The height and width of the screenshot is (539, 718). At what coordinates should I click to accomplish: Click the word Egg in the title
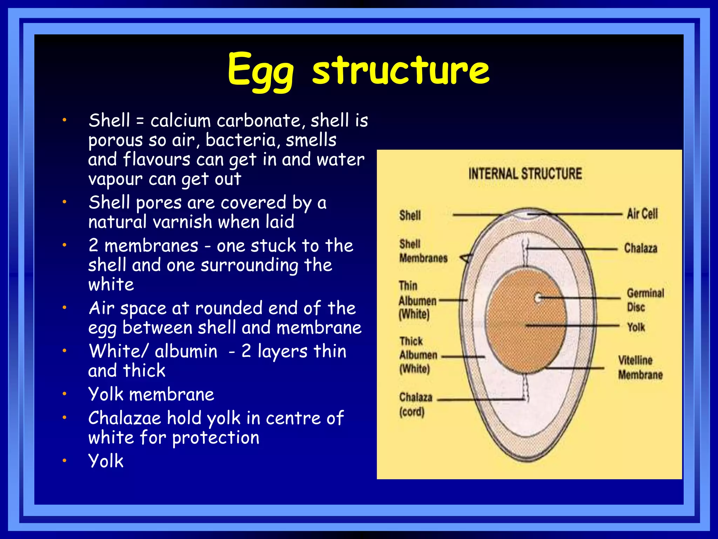[260, 70]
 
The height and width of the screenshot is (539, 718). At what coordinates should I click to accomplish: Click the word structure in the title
[400, 70]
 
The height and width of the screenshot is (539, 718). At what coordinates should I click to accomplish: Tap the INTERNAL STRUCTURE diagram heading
[525, 174]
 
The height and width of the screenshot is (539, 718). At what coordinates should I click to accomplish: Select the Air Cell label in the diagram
[642, 214]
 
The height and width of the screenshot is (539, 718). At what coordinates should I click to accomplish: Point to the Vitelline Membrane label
[640, 367]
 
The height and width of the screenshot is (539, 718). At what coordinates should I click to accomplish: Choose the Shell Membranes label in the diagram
[423, 251]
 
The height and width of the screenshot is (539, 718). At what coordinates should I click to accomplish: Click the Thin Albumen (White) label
[417, 300]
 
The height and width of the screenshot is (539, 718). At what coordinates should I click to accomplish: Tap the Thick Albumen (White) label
[418, 355]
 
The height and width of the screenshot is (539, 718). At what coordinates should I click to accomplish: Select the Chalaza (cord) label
[415, 404]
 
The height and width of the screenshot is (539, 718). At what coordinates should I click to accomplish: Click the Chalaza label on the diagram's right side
[640, 248]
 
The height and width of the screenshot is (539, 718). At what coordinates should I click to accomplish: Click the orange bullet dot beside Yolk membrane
[65, 394]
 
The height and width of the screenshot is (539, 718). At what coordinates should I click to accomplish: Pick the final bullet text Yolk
[106, 461]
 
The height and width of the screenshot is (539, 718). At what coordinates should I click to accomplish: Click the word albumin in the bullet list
[186, 351]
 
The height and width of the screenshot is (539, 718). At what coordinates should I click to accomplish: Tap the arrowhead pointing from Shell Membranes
[465, 259]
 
